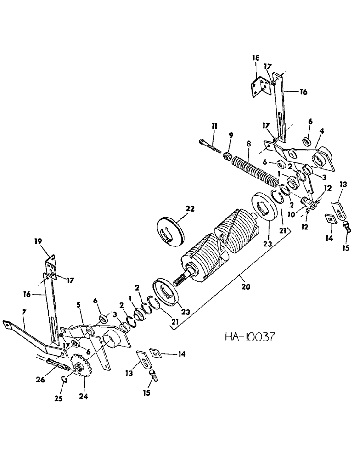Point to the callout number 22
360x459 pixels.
point(190,208)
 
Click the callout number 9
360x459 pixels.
point(231,135)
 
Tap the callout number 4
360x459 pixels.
point(322,131)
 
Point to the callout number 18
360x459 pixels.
point(255,58)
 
